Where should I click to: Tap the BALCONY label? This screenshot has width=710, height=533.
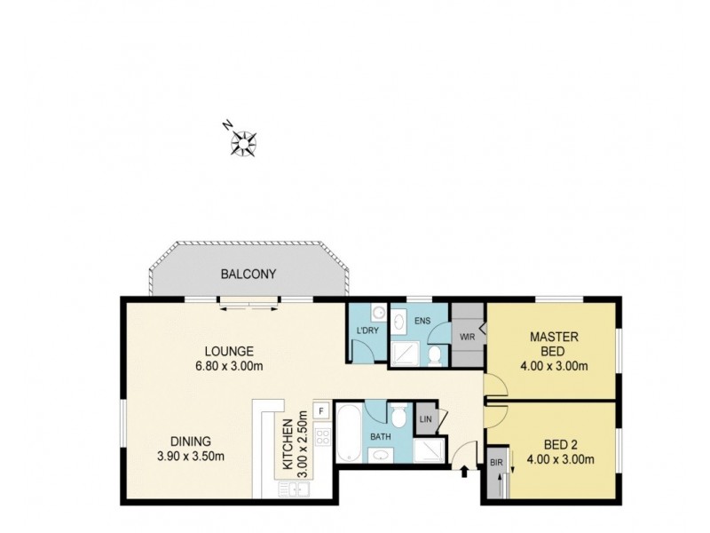pyautogui.click(x=248, y=274)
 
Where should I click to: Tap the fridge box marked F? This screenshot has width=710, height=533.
pyautogui.click(x=320, y=411)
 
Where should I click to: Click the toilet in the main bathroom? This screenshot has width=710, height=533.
pyautogui.click(x=399, y=416)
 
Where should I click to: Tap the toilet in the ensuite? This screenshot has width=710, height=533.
pyautogui.click(x=436, y=354)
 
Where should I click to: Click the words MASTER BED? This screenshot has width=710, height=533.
pyautogui.click(x=554, y=344)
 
